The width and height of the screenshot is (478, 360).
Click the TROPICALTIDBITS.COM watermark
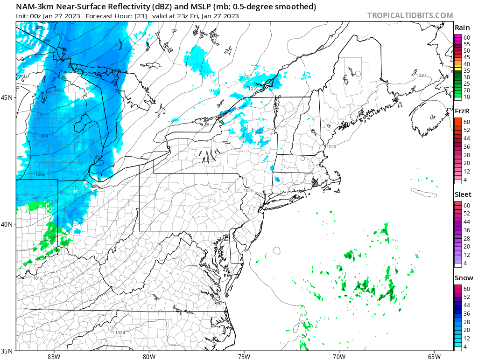click(x=410, y=15)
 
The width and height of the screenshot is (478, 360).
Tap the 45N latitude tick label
click(x=7, y=97)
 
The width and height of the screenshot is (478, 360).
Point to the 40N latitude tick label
click(x=7, y=224)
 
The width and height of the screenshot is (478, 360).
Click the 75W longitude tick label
click(x=244, y=356)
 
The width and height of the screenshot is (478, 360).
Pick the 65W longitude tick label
click(x=434, y=356)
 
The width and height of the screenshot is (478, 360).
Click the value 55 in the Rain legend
click(x=466, y=44)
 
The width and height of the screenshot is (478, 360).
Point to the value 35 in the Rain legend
click(x=466, y=70)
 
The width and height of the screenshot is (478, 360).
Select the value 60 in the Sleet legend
click(x=466, y=205)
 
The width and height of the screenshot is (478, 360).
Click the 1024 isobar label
click(x=120, y=332)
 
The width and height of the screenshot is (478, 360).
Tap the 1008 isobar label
click(x=40, y=174)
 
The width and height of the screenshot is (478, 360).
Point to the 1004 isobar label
click(x=43, y=136)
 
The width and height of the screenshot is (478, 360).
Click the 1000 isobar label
click(x=59, y=90)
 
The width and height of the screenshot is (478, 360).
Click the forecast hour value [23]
click(x=141, y=16)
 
